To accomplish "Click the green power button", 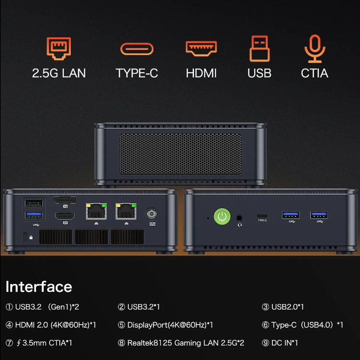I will point(222,216).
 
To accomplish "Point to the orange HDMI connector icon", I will point(201,48).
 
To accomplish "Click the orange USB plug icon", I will point(259,48).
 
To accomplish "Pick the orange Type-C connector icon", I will point(137,48).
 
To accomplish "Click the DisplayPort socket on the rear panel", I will point(65,201).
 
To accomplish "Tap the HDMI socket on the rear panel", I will point(65,216).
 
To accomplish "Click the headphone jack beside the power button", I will point(240,217).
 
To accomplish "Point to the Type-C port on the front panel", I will point(262,216).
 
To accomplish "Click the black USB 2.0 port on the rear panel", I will point(34,203).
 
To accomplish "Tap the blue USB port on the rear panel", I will point(34,215).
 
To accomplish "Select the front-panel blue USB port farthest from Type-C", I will point(319,215).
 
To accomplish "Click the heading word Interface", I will point(39,286).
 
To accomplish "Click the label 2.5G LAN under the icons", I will point(59,73).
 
